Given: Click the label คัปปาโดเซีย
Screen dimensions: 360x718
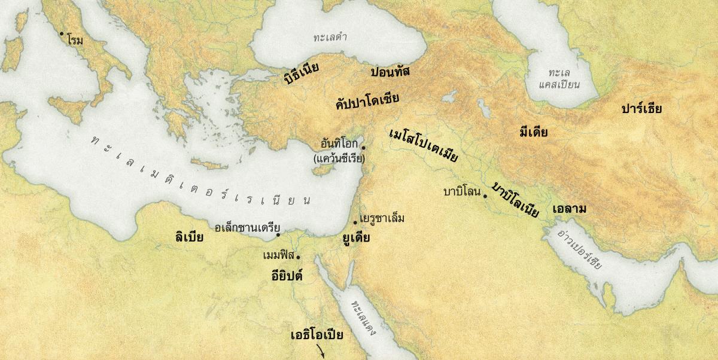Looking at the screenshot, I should (367, 100).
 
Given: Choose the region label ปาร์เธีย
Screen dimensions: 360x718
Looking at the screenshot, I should (641, 109).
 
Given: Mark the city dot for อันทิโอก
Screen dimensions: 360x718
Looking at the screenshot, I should (363, 147).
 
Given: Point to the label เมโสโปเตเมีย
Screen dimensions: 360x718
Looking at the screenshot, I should (423, 145).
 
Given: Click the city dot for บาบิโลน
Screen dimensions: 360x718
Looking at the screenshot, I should (485, 196).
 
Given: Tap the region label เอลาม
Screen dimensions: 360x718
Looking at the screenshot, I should (569, 210).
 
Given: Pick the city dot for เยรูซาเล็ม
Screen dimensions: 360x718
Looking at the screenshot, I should (355, 222).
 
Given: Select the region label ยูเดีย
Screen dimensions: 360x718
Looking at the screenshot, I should (355, 237).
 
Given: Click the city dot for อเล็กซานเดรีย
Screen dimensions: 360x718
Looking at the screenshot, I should (278, 235).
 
